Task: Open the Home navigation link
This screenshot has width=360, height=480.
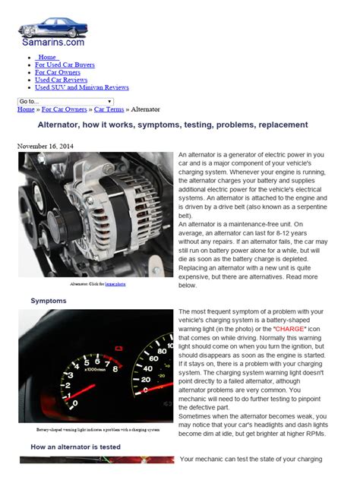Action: pos(47,57)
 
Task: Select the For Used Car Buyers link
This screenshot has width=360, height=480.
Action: pos(65,65)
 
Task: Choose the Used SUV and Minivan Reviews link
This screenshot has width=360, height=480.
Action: pos(82,87)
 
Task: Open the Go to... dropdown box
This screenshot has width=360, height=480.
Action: pos(65,101)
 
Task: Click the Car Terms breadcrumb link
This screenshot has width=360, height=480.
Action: pos(109,109)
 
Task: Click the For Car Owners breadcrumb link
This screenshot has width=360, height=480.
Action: pos(65,109)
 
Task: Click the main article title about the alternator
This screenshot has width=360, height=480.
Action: pos(173,125)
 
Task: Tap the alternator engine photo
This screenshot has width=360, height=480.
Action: pos(94,213)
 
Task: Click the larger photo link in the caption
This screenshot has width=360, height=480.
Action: pos(115,283)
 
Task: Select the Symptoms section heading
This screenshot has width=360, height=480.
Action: pos(49,301)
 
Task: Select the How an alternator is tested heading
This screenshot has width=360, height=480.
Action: pos(75,447)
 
